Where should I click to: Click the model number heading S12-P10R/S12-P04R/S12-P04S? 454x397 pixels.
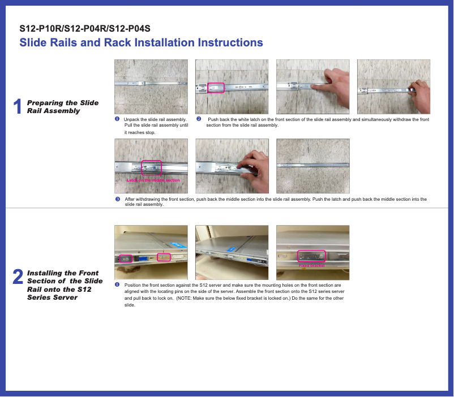coord(85,28)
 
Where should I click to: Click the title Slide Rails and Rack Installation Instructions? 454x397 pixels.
coord(141,43)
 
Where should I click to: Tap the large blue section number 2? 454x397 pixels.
coord(18,277)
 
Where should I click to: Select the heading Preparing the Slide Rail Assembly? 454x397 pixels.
coord(62,106)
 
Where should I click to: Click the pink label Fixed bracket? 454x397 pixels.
coord(311,265)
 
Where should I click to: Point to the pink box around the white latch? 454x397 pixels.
coord(216,88)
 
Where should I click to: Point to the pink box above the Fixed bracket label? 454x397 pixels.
coord(311,256)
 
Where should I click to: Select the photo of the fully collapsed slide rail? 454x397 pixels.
coord(312,166)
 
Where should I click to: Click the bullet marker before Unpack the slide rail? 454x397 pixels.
coord(117,119)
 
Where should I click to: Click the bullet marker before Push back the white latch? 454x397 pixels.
coord(198,119)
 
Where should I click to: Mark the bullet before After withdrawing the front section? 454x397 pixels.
coord(117,199)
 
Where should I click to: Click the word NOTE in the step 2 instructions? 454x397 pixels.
coord(186,297)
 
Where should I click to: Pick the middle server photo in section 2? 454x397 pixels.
coord(232,252)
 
